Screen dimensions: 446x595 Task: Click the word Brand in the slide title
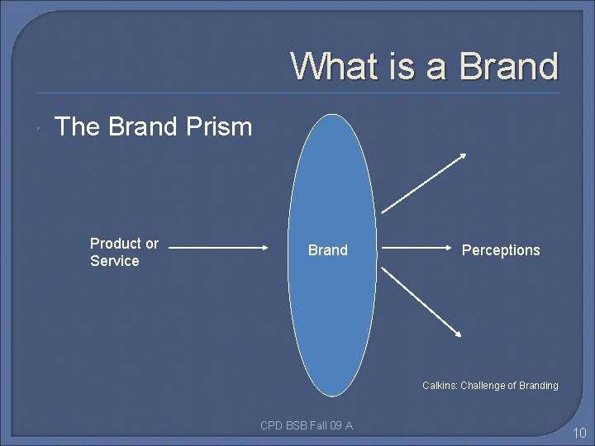tap(509, 66)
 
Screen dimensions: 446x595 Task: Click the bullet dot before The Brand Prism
tap(40, 128)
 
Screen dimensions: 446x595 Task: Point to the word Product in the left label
tap(116, 244)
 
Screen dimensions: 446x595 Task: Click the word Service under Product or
tap(114, 261)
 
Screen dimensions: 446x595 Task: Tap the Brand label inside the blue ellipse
tap(328, 249)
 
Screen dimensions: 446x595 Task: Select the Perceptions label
tap(501, 250)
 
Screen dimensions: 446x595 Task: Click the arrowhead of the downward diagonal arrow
tap(459, 333)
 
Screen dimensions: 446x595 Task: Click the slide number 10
tap(579, 433)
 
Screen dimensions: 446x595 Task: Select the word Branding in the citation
tap(536, 386)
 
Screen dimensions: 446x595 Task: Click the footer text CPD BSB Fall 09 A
tap(307, 425)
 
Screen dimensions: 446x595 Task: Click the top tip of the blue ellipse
tap(333, 115)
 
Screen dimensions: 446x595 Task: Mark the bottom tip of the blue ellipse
tap(333, 396)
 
